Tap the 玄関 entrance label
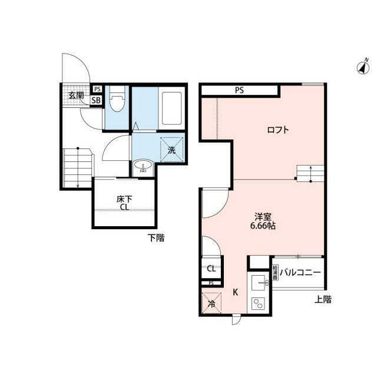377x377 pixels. [76, 95]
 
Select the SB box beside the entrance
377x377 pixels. [96, 100]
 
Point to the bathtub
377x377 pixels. [171, 108]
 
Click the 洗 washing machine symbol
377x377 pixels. [171, 150]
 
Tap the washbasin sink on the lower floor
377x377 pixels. [143, 166]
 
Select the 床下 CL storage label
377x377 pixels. [124, 203]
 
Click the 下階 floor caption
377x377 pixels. [156, 238]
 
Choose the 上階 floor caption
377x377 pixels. [323, 299]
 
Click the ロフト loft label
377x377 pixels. [278, 130]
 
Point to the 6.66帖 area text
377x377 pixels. [263, 226]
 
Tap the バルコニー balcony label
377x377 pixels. [300, 272]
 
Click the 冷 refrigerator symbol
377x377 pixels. [211, 303]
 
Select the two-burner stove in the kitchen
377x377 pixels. [258, 303]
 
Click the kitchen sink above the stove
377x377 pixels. [260, 283]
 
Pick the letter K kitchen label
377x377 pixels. [236, 292]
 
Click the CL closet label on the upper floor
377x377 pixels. [211, 269]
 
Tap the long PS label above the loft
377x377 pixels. [239, 90]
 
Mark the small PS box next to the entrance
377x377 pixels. [97, 89]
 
